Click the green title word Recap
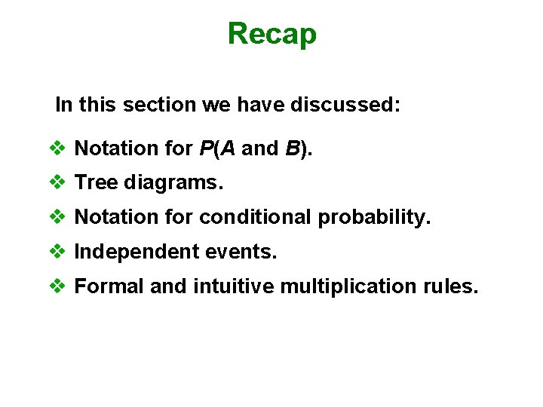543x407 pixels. [x=271, y=34]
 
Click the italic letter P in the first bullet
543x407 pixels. [x=206, y=148]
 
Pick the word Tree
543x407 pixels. [x=96, y=183]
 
